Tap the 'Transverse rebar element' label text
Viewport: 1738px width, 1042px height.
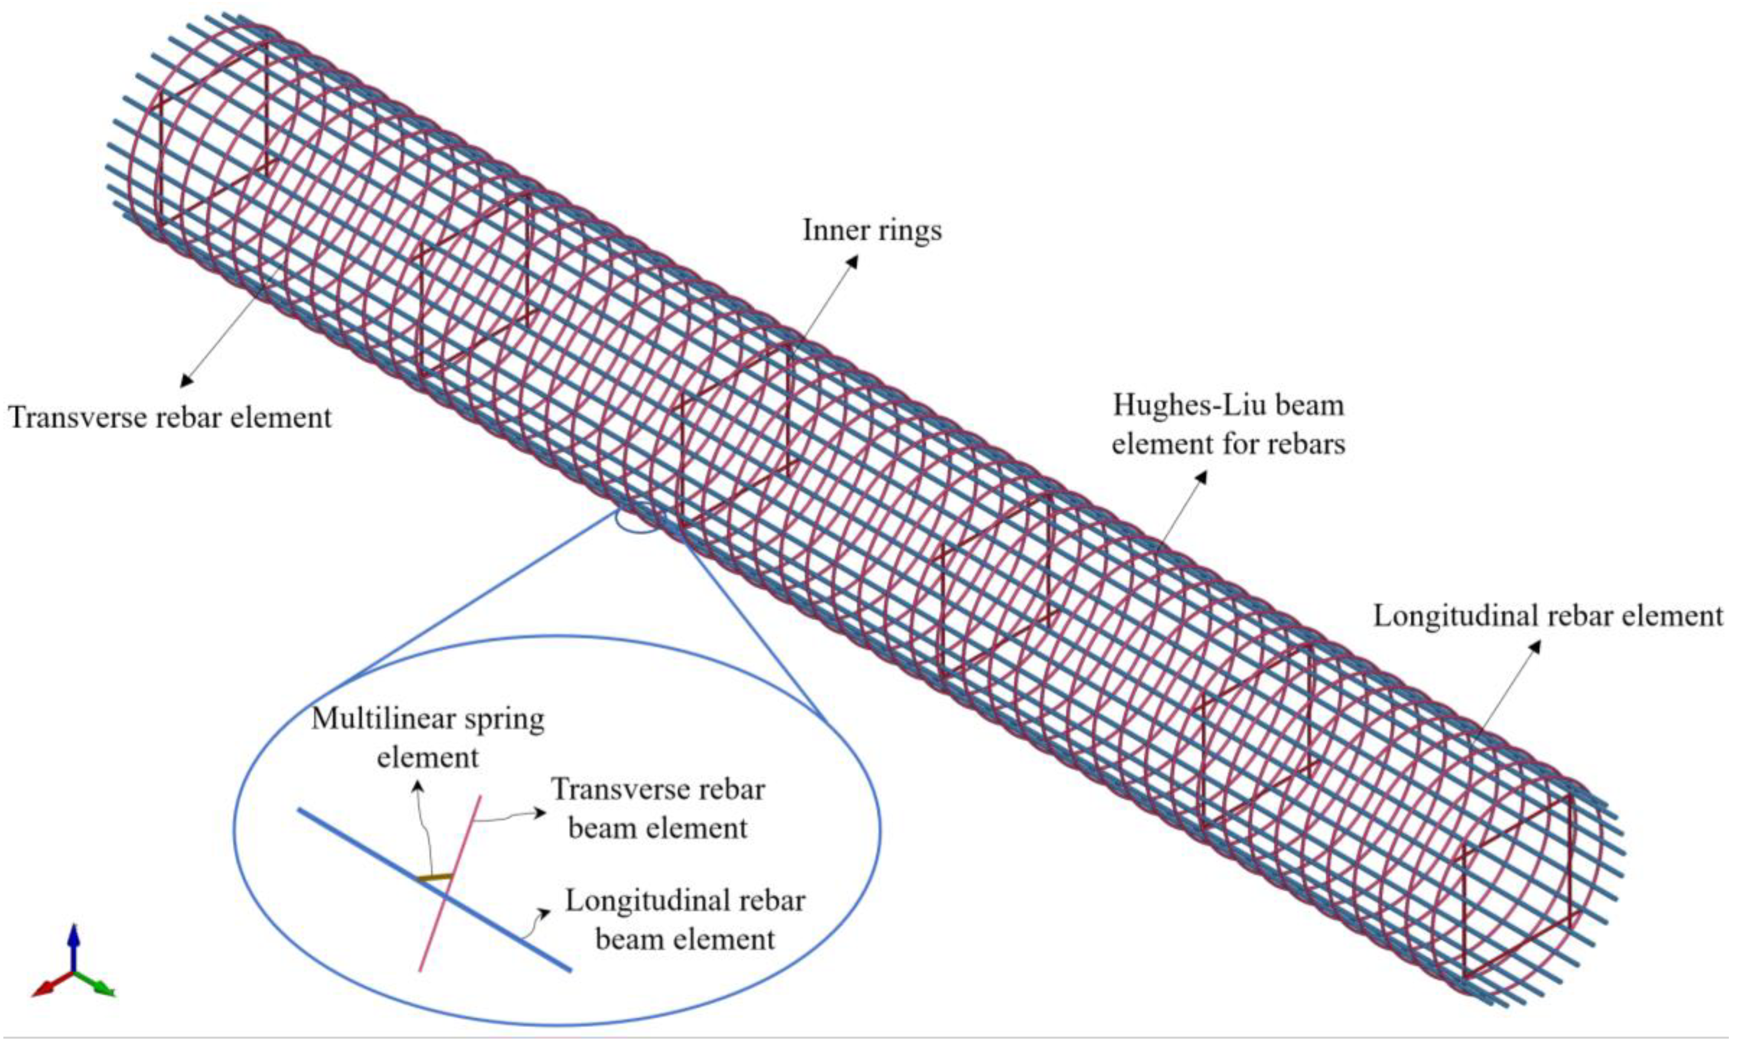click(x=170, y=418)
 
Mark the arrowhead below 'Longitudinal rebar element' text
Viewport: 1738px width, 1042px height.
click(x=1535, y=647)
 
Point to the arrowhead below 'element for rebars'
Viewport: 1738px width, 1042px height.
click(x=1202, y=477)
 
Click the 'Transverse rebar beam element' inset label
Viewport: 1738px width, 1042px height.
click(x=657, y=809)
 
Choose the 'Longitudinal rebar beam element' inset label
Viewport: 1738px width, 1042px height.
click(x=685, y=920)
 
